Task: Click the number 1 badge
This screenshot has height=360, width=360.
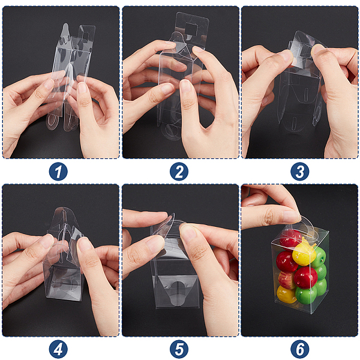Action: pos(58,172)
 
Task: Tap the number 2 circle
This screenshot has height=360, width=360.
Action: pos(179,172)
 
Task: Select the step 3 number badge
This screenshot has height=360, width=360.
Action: pos(300,172)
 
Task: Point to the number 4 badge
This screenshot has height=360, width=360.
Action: pos(58,349)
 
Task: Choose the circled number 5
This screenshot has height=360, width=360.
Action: pos(179,349)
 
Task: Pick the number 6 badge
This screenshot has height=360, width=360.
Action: pos(300,349)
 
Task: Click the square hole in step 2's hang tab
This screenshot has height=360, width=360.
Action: pos(191,29)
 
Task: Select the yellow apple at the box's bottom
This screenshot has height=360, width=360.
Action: pos(286,295)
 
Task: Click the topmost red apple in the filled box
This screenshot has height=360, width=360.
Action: pos(290,238)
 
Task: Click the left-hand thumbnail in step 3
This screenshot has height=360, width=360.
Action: pos(287,56)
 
